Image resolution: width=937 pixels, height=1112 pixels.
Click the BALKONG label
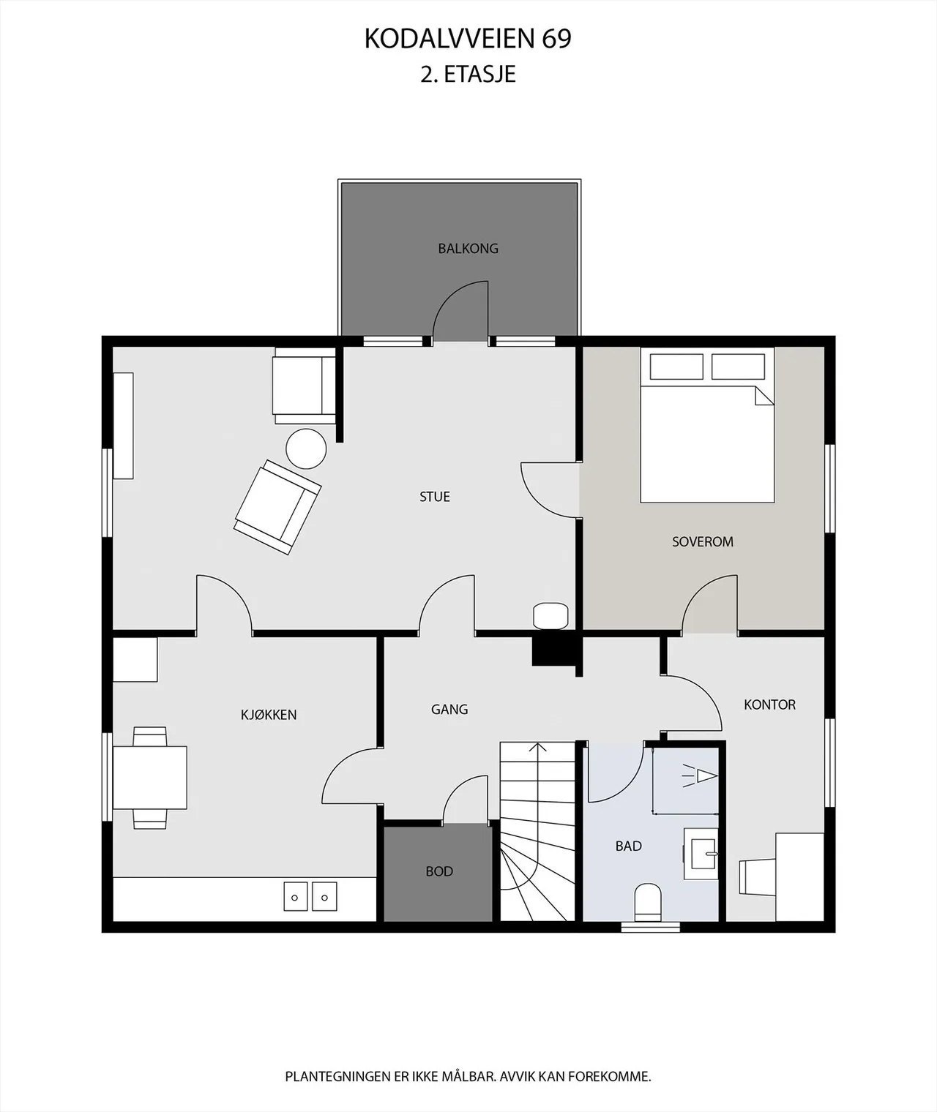pos(468,249)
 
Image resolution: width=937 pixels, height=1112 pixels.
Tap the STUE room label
pos(434,497)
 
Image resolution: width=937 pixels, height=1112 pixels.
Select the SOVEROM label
pos(702,542)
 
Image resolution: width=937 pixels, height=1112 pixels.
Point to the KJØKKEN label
pos(269,715)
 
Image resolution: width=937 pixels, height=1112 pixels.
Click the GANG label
pos(449,709)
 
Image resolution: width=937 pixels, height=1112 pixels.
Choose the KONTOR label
pos(769,705)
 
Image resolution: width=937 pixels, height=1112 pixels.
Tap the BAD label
pos(628,846)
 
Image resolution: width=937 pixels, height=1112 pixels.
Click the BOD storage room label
pos(439,871)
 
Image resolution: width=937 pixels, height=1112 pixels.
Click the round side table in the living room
pos(305,448)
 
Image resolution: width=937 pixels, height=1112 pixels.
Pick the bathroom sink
pos(703,853)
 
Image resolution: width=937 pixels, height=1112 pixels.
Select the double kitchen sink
pos(310,895)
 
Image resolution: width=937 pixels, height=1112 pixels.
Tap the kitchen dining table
pos(150,778)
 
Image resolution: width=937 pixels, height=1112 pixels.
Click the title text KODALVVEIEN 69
pos(468,40)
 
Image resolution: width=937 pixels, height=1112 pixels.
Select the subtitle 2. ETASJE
pos(468,74)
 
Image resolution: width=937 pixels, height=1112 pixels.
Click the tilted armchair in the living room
pos(277,506)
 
